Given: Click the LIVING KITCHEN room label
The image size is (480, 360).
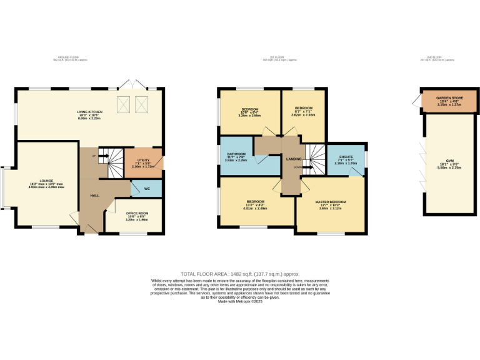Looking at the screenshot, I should click(x=89, y=112).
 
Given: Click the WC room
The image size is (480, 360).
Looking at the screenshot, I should click(x=147, y=188).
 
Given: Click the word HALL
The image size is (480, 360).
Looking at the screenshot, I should click(x=95, y=196).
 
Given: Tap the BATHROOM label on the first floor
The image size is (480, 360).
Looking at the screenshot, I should click(x=236, y=154).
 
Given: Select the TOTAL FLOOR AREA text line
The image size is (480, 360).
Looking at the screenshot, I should click(x=240, y=274).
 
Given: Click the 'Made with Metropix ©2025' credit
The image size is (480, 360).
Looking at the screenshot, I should click(x=240, y=301).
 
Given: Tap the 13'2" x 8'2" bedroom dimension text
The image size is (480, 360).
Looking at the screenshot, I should click(x=257, y=208).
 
